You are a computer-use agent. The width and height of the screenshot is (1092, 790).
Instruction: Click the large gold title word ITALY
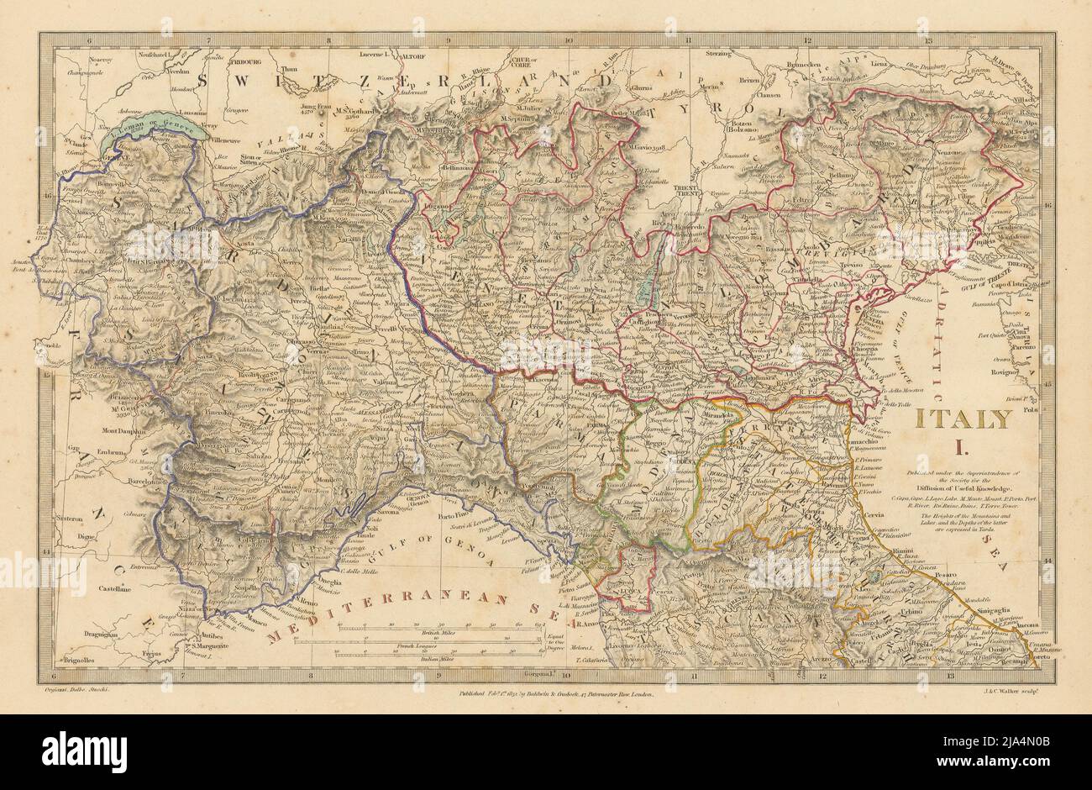963,419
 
